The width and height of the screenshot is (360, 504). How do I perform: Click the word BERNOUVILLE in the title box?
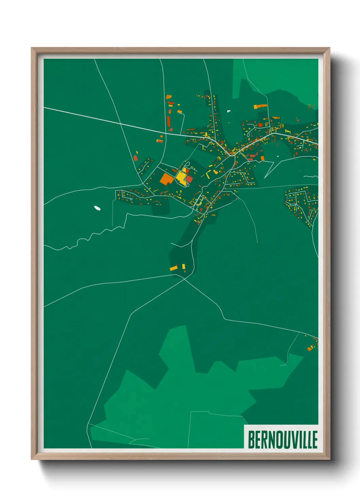[282, 440]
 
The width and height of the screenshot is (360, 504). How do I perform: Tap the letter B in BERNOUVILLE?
[251, 440]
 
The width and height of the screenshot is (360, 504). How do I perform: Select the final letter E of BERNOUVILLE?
[315, 440]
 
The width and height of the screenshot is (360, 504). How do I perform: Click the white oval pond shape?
[97, 207]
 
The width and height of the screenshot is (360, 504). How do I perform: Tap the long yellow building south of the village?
[174, 268]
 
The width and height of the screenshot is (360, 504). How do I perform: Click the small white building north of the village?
[229, 111]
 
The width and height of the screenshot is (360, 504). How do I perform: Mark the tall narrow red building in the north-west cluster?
[168, 121]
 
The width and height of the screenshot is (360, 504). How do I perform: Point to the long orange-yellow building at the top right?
[260, 106]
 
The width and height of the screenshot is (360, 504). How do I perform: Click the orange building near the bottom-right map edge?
[309, 348]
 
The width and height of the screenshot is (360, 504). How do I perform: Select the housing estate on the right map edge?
[301, 204]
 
